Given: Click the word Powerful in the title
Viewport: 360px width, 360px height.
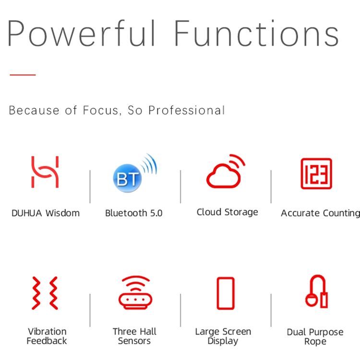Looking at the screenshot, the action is pos(82,33).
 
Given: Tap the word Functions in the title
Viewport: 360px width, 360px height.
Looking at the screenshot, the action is pos(256,33).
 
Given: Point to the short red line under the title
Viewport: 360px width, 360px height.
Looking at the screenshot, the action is pos(23,74).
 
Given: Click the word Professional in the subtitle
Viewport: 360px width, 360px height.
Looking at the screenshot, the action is pos(186,110).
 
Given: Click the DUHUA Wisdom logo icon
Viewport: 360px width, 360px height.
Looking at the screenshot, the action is pos(45,172).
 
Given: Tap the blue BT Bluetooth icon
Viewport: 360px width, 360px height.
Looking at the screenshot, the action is pos(135,173).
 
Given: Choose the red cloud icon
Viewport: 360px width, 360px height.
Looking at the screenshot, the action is pos(226,171).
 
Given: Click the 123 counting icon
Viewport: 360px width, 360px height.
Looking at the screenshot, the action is pos(316,174).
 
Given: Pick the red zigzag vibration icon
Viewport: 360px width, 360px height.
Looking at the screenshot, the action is pos(45,293).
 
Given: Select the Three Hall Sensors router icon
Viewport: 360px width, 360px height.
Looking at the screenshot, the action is pos(135,292).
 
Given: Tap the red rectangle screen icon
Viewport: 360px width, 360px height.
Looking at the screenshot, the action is pos(226,293).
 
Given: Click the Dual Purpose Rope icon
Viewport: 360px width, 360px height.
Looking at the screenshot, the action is pos(316,291).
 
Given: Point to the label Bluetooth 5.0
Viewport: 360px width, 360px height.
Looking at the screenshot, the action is pos(134,213).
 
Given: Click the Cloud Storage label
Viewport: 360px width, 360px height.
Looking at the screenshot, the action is pos(228,212).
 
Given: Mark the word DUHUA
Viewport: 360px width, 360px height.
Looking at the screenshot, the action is pos(27,213).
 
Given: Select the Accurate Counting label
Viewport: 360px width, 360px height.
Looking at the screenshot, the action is pos(321,213).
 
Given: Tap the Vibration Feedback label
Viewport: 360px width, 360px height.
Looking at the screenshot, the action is pos(47,336).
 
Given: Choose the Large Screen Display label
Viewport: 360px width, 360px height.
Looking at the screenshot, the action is pos(223,336).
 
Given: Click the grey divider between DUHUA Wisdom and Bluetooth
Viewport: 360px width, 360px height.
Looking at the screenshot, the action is pos(90,187).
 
